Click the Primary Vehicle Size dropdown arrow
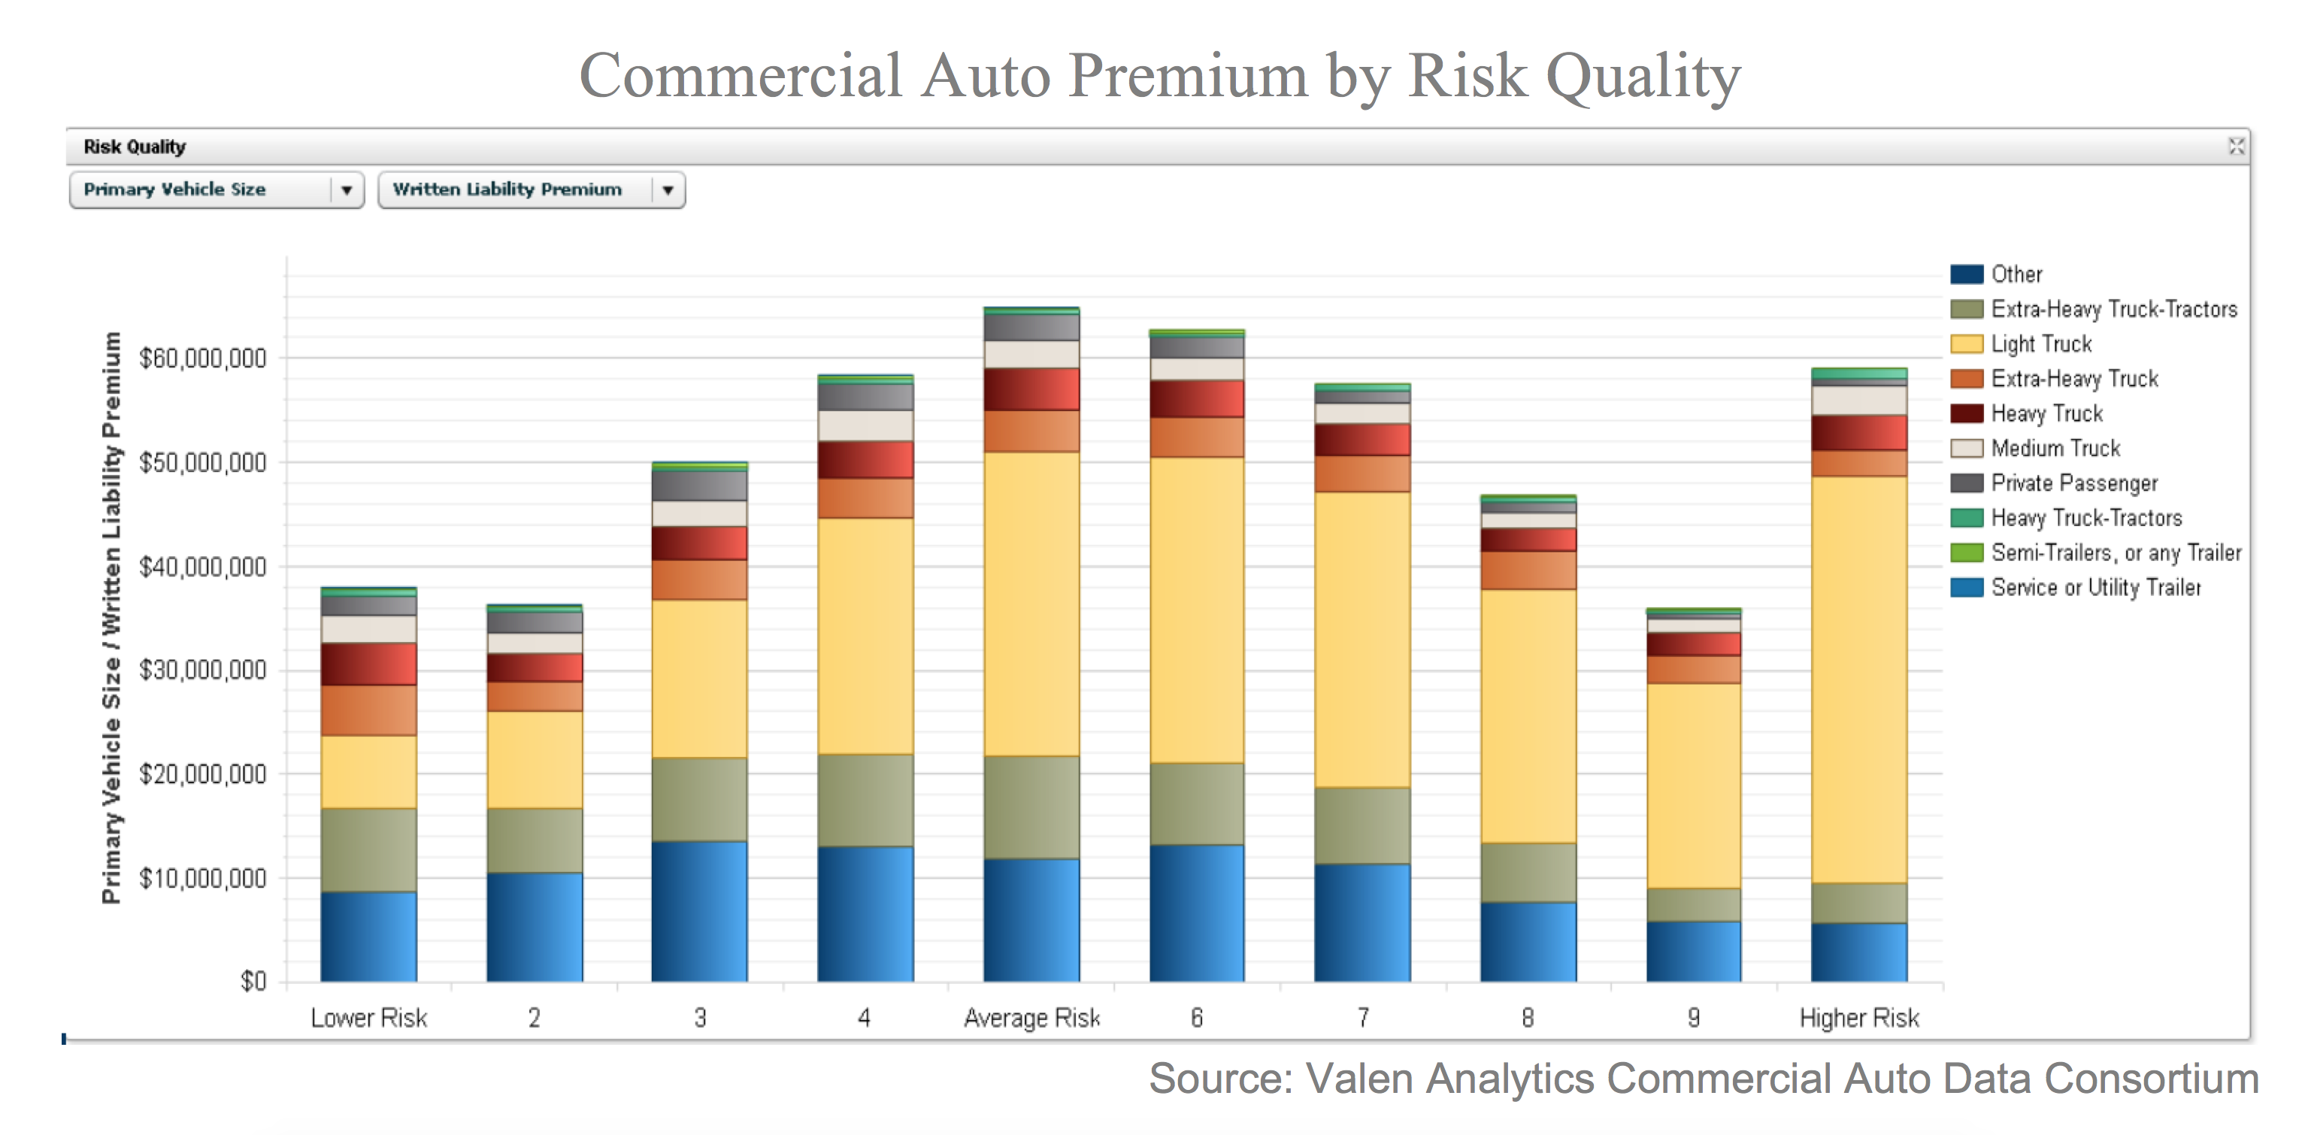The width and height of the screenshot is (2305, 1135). click(x=347, y=189)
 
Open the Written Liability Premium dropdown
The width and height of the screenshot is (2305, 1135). click(x=667, y=189)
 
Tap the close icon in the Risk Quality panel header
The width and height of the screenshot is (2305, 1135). click(x=2235, y=147)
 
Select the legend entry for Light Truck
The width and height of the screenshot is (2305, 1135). click(x=2040, y=344)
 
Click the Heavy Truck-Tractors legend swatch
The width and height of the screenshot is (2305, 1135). click(x=1966, y=518)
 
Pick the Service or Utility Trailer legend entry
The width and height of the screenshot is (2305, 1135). click(x=2094, y=588)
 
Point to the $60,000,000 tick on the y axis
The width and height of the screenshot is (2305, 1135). click(x=203, y=359)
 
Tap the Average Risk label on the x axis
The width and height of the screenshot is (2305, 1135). click(x=1031, y=1018)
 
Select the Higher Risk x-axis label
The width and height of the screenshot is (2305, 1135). click(x=1858, y=1018)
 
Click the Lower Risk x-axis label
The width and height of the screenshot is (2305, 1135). click(x=368, y=1018)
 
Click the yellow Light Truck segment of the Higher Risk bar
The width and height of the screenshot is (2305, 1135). click(x=1858, y=679)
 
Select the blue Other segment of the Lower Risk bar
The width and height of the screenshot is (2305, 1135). click(x=368, y=937)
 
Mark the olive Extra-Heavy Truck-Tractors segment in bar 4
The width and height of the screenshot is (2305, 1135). click(x=865, y=801)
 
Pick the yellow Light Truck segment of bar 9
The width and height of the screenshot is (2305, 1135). click(x=1693, y=785)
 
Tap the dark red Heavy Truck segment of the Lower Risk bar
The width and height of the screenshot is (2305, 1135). click(x=368, y=664)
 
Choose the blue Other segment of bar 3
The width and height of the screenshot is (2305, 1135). click(x=699, y=912)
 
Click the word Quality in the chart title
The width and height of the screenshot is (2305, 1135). click(x=1643, y=75)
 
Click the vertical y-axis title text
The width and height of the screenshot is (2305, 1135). click(x=111, y=617)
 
